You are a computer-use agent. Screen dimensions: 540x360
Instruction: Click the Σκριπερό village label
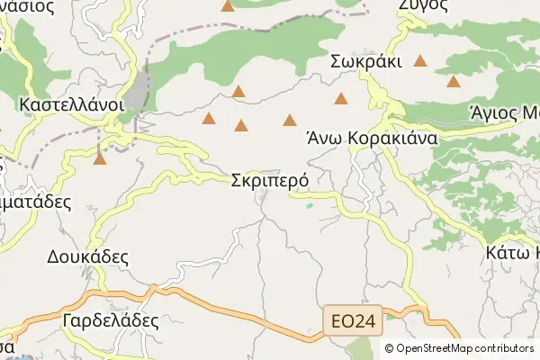[270, 180]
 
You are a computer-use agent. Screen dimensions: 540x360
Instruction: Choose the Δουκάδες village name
[87, 256]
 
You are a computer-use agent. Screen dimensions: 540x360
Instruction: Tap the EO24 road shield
[354, 319]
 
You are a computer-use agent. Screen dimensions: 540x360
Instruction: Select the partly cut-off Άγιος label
[504, 112]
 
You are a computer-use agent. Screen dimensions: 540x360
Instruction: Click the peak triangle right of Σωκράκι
[420, 61]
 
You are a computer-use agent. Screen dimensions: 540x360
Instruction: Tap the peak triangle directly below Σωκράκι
[340, 98]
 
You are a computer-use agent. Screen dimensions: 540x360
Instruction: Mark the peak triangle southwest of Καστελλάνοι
[100, 159]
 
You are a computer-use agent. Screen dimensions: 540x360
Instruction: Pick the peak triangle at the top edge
[228, 6]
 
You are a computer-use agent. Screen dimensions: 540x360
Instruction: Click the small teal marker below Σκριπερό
[310, 206]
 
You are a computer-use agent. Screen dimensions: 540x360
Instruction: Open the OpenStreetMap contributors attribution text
[465, 347]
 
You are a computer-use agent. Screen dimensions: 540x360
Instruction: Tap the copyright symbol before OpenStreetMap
[390, 347]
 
